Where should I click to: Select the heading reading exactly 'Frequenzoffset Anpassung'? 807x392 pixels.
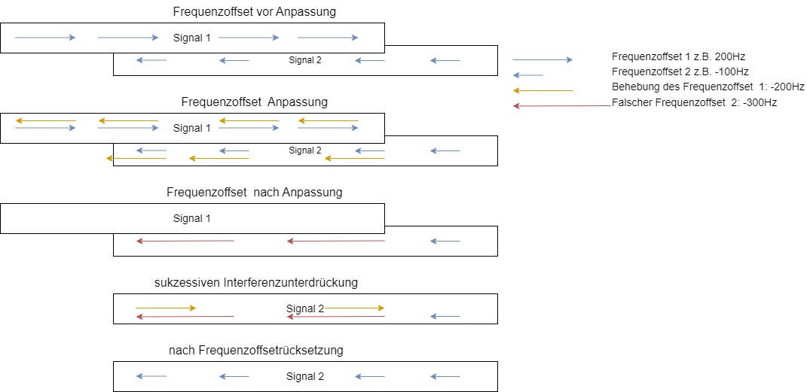(x=255, y=102)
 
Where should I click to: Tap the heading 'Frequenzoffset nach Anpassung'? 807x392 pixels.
(x=254, y=192)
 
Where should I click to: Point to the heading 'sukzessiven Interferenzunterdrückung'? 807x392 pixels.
(x=255, y=282)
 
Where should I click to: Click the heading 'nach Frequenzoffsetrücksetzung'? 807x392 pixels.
(x=256, y=350)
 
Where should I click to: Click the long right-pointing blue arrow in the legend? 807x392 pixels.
(x=543, y=60)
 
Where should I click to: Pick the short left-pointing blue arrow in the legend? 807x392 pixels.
(x=527, y=75)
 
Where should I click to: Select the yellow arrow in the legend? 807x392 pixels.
(x=543, y=90)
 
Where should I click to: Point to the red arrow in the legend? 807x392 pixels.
(x=561, y=105)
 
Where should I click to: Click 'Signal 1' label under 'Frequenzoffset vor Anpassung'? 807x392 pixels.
(x=192, y=38)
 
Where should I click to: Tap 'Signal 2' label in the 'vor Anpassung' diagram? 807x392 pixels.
(x=305, y=60)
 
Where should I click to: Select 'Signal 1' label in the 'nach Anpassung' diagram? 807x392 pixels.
(x=192, y=218)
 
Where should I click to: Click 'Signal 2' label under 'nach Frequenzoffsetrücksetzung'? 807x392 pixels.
(x=305, y=376)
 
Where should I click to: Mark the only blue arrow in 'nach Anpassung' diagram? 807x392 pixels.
(x=445, y=242)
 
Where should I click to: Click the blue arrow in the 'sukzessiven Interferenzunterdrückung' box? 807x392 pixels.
(x=445, y=317)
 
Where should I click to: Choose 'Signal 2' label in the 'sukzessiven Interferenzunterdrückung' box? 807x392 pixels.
(x=304, y=308)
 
